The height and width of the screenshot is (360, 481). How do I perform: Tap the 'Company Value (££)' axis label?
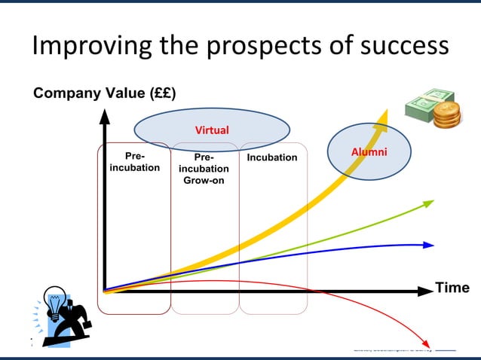(104, 93)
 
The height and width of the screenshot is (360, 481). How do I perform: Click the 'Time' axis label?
(452, 288)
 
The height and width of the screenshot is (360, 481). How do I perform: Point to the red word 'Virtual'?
(212, 130)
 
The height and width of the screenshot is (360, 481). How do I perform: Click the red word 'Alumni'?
(369, 152)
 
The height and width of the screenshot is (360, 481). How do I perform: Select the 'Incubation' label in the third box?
(272, 157)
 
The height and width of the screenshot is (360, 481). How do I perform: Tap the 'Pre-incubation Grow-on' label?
(204, 169)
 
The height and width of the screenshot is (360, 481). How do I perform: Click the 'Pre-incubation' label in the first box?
(135, 162)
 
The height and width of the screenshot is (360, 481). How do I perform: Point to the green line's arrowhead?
(429, 201)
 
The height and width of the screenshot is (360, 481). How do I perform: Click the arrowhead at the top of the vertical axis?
(105, 116)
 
